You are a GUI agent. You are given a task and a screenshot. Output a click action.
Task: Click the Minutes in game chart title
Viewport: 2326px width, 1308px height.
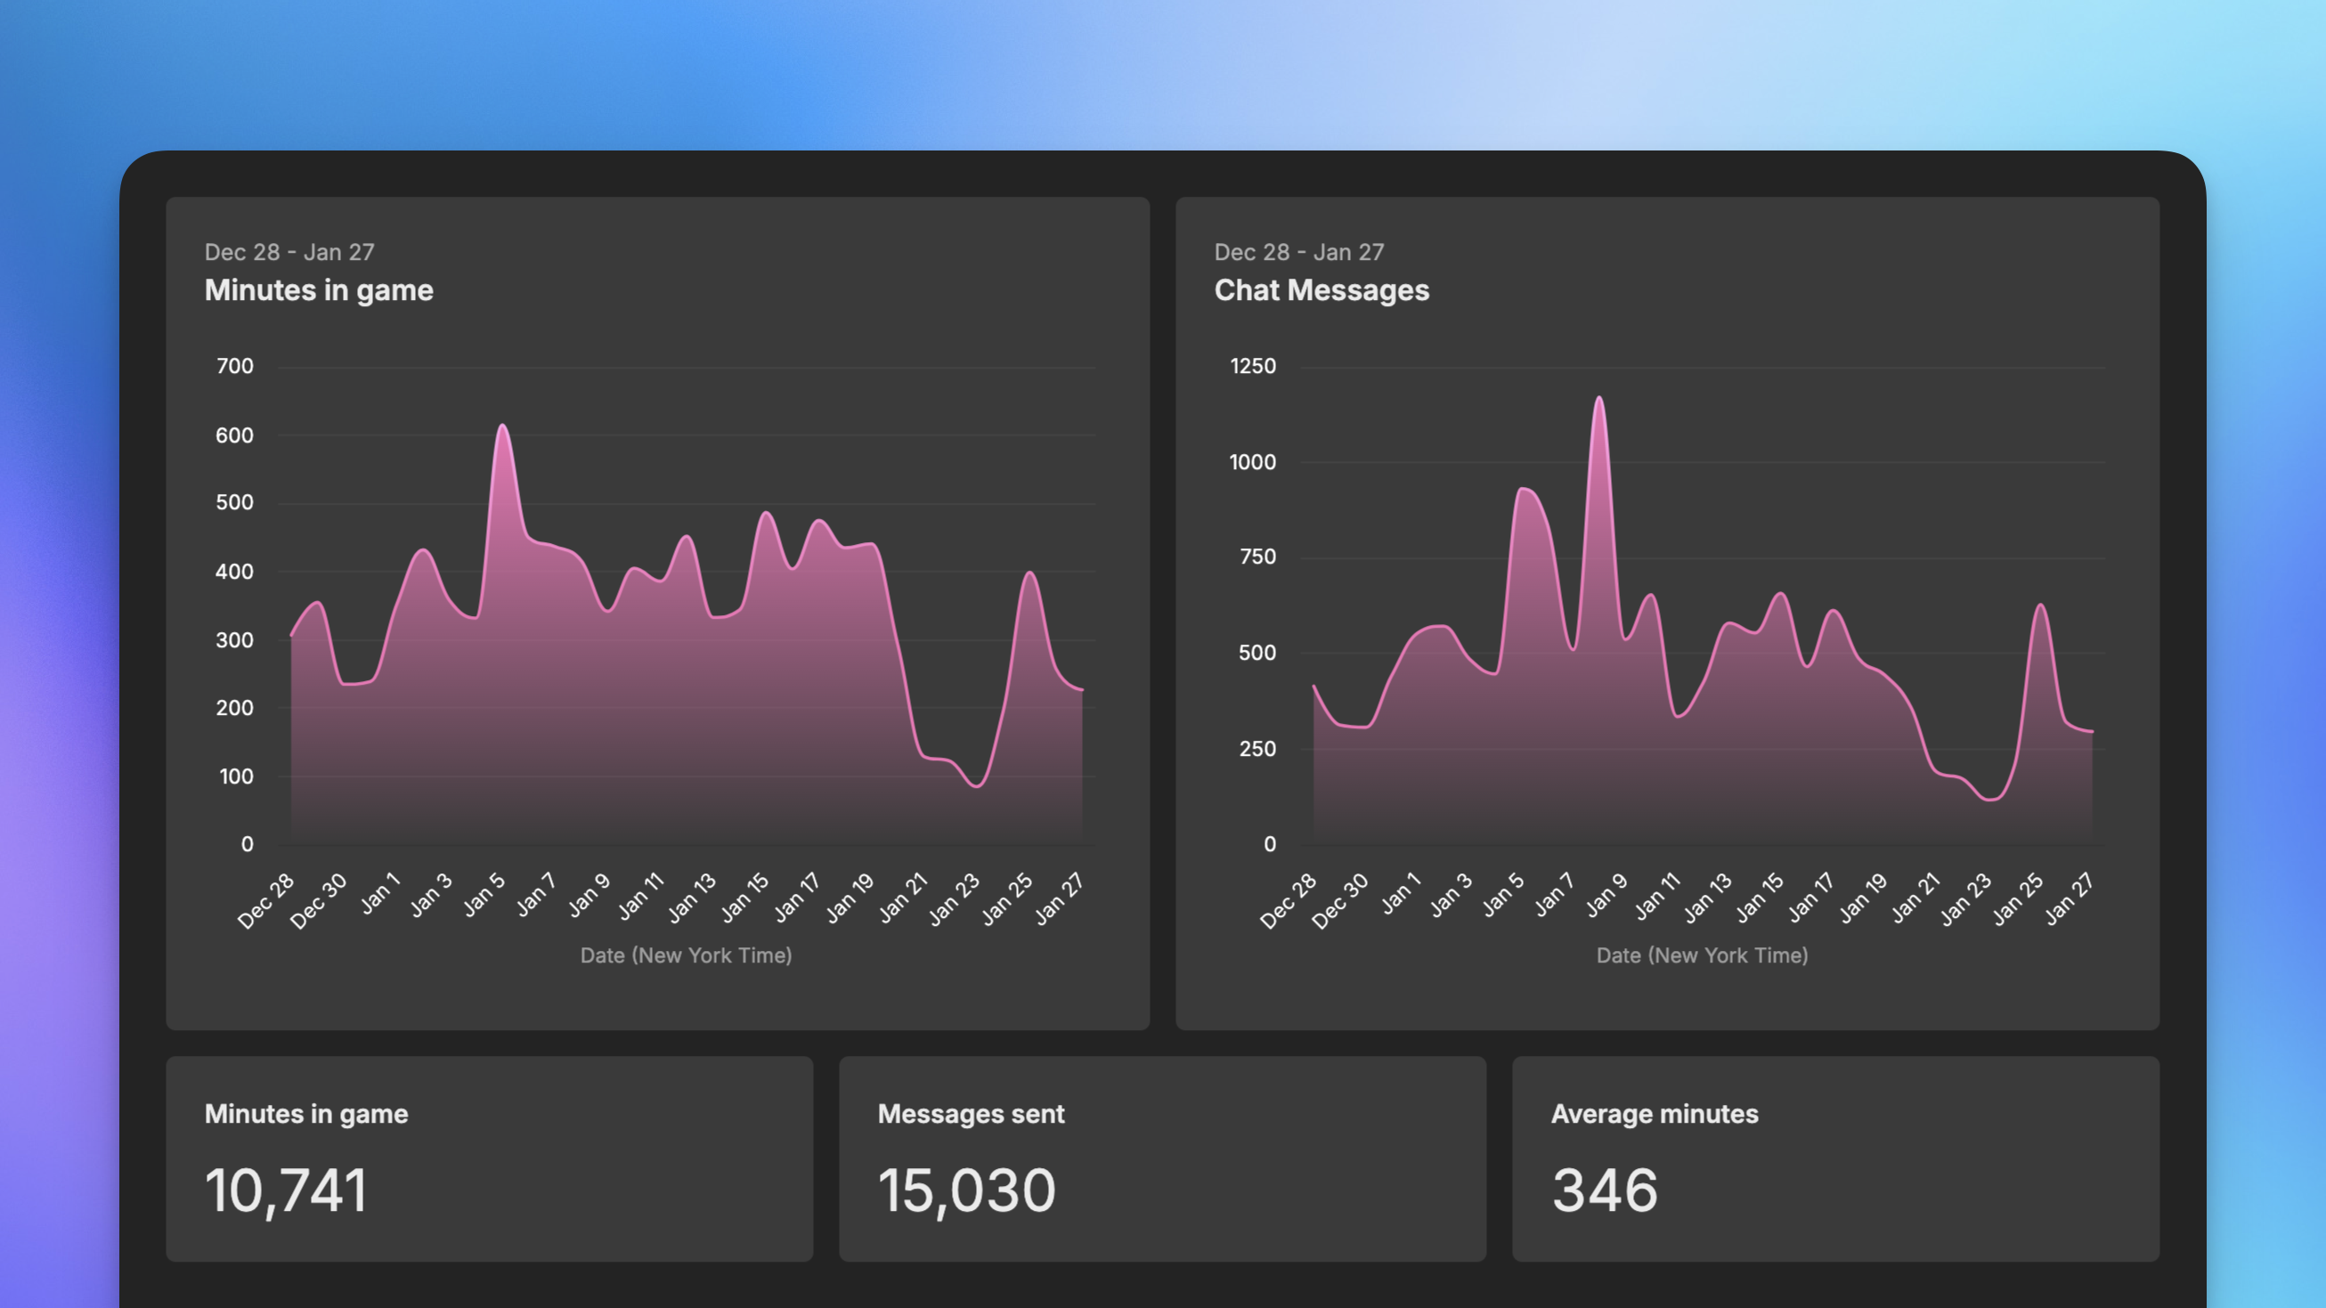click(x=318, y=290)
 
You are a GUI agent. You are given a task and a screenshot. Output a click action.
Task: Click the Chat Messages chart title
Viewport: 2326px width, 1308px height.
click(x=1321, y=290)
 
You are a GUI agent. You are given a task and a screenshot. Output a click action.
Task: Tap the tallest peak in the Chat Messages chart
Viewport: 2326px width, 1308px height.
click(x=1598, y=398)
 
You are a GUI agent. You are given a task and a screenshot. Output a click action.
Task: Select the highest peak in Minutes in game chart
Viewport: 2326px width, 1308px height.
click(x=502, y=427)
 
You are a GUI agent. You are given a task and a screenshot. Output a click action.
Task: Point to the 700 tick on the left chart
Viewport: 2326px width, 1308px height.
click(x=235, y=367)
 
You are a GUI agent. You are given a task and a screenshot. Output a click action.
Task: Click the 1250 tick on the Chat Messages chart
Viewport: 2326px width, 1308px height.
click(x=1252, y=367)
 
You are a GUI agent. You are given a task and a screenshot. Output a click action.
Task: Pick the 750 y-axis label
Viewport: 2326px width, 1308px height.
click(x=1257, y=557)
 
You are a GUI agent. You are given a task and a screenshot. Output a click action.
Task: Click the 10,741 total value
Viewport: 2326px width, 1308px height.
click(x=286, y=1190)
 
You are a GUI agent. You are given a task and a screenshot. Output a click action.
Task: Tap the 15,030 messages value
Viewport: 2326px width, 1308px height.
click(x=966, y=1190)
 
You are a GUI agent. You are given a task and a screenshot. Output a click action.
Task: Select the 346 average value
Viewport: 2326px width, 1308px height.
click(x=1605, y=1190)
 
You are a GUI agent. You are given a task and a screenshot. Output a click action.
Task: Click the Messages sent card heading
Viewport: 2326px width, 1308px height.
click(x=971, y=1114)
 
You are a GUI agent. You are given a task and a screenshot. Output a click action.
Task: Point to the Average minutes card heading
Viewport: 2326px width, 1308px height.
click(x=1655, y=1114)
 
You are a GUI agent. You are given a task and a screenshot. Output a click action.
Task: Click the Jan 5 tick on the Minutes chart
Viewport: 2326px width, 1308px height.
click(x=485, y=896)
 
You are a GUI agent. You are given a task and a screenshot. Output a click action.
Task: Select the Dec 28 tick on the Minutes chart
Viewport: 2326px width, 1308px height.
click(x=266, y=901)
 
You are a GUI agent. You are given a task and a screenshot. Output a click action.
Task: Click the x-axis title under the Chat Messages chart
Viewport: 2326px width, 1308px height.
click(x=1701, y=955)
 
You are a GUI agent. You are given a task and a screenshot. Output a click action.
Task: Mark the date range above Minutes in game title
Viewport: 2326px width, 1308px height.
click(x=289, y=253)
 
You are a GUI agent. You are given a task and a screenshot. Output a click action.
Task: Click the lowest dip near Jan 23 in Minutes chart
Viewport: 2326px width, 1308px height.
click(x=977, y=786)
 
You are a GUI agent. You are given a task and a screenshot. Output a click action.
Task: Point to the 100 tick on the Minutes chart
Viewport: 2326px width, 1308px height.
click(x=236, y=776)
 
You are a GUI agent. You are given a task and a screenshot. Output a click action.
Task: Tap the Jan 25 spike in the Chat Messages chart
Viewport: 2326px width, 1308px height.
click(x=2041, y=605)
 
